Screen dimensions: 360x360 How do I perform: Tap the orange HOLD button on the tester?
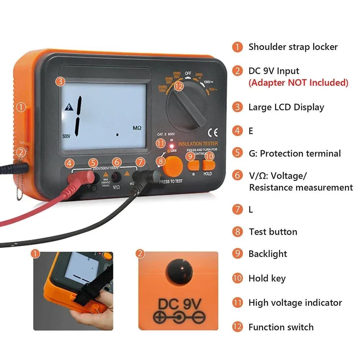(208, 165)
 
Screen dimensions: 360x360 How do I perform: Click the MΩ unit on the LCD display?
(137, 128)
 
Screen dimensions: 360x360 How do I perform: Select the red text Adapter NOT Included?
(299, 83)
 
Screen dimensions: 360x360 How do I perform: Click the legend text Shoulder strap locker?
(293, 47)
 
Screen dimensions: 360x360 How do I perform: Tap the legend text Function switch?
(281, 327)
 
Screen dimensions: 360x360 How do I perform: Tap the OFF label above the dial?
(188, 74)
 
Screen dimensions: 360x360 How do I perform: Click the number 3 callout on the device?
(60, 82)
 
